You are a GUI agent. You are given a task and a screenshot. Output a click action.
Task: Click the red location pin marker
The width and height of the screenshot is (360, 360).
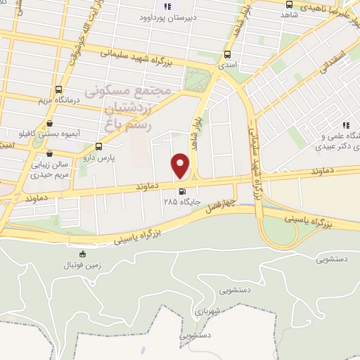click(x=181, y=167)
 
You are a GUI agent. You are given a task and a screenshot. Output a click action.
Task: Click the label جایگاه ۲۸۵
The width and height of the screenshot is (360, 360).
click(x=183, y=202)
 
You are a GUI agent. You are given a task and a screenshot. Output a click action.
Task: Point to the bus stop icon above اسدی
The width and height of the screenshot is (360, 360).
click(x=227, y=54)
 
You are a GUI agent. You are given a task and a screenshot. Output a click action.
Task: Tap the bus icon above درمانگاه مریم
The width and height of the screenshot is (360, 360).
click(x=58, y=90)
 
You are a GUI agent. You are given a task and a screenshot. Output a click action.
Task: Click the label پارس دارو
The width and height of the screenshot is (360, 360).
click(x=98, y=158)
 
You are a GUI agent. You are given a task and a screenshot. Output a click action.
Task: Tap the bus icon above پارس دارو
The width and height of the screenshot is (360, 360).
click(x=98, y=147)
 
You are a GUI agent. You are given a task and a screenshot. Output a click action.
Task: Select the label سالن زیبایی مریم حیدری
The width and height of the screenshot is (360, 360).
click(x=50, y=169)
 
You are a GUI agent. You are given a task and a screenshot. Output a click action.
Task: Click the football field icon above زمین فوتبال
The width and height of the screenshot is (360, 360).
click(x=82, y=255)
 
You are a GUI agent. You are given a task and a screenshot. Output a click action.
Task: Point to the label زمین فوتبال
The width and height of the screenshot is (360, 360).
click(x=83, y=265)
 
